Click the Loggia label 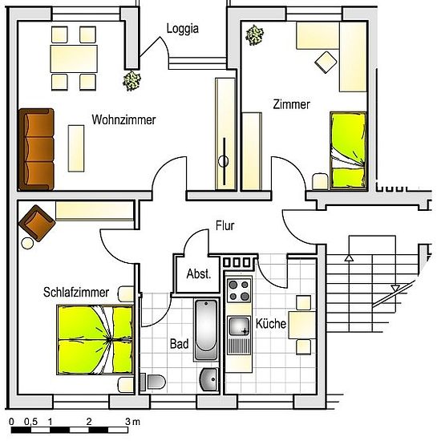pos(183,29)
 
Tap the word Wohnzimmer pos(123,119)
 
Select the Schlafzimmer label pos(76,292)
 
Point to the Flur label pos(225,225)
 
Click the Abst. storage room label pos(199,274)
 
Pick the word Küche pos(271,323)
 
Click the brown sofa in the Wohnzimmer pos(36,150)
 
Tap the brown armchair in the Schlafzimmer pos(37,224)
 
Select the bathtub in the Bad pos(206,330)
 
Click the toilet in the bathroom pos(153,382)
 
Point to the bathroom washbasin pos(209,379)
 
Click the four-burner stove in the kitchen pos(239,290)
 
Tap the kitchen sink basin pos(239,326)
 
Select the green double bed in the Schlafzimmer pos(95,339)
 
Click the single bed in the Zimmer pos(349,150)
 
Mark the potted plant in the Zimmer pos(254,35)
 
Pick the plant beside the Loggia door pos(131,81)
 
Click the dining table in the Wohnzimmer pos(74,59)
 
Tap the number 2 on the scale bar pos(89,422)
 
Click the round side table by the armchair pos(27,243)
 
